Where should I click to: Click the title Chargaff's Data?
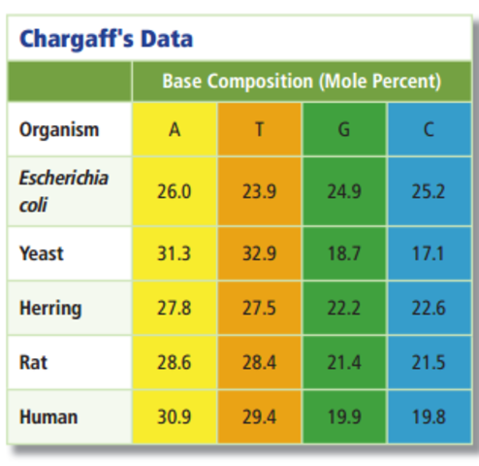pos(106,39)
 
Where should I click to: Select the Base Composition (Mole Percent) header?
pos(302,82)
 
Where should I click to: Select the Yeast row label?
pos(42,253)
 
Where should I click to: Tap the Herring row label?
pos(50,309)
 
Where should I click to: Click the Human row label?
pos(48,416)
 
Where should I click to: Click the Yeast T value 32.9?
pos(259,253)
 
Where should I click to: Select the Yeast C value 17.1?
pos(428,253)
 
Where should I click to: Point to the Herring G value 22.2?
pos(344,309)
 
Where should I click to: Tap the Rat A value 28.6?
pos(175,362)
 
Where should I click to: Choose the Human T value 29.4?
pos(259,416)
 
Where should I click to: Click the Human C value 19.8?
pos(428,416)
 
